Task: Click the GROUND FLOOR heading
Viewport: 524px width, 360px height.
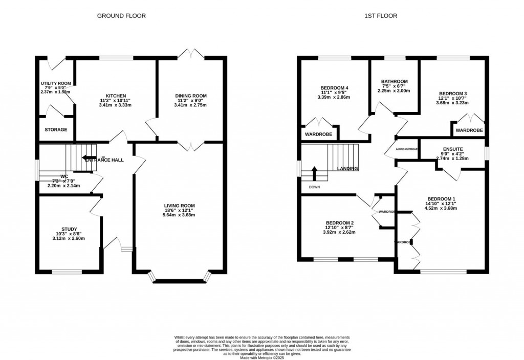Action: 121,16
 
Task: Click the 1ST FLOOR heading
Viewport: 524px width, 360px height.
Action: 380,16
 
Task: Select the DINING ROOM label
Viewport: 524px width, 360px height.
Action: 191,96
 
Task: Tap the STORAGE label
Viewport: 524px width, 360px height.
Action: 56,130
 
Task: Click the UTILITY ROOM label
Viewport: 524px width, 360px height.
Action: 56,83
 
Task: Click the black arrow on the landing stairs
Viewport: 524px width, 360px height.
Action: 315,172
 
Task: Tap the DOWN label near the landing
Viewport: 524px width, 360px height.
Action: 315,187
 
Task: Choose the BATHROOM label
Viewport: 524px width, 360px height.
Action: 394,81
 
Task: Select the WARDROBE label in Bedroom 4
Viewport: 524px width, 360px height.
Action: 318,134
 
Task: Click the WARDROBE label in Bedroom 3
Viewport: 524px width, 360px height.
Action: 469,130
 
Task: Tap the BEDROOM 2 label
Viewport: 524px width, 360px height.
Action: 340,222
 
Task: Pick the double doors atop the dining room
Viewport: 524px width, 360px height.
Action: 191,54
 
